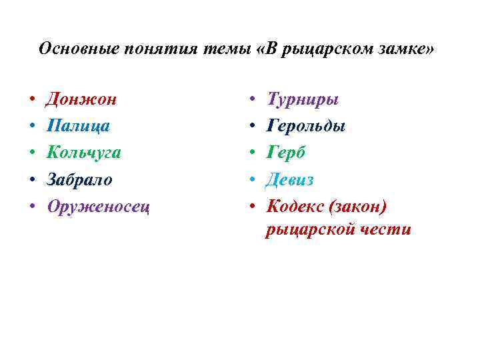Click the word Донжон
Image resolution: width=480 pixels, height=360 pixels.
81,99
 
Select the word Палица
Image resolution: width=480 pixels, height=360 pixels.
78,126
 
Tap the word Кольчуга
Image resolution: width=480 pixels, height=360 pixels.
83,153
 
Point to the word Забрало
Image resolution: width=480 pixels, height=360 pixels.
79,179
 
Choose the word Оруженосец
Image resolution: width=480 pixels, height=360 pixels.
98,206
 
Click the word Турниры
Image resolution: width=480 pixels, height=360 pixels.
303,99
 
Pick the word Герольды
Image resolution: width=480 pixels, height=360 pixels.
306,126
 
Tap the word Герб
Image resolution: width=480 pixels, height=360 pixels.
286,153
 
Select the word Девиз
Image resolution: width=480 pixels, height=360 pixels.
290,179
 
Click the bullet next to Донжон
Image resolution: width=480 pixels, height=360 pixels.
32,101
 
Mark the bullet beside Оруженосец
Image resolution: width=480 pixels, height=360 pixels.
32,207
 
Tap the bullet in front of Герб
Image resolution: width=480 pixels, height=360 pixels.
253,154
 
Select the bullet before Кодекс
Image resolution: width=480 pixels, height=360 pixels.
253,207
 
